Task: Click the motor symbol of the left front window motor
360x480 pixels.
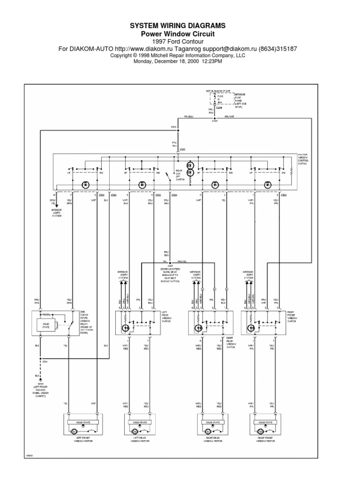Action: (74, 431)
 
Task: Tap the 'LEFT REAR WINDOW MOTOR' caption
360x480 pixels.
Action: (136, 439)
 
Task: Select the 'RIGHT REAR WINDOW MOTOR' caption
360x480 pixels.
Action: (208, 439)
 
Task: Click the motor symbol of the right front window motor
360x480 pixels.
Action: (260, 431)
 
